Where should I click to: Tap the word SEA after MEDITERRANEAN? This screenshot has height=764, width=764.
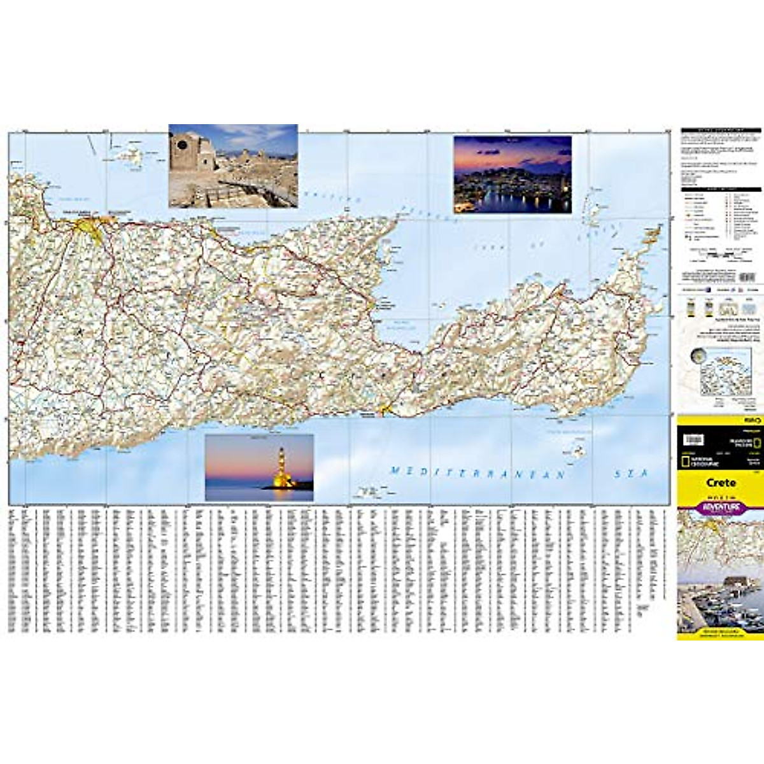pyautogui.click(x=630, y=474)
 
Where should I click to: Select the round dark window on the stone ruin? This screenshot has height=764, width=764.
pyautogui.click(x=182, y=145)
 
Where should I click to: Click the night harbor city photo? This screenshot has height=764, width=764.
pyautogui.click(x=512, y=174)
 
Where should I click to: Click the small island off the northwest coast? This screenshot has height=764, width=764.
pyautogui.click(x=127, y=155)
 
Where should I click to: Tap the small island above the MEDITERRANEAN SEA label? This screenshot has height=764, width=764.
pyautogui.click(x=576, y=453)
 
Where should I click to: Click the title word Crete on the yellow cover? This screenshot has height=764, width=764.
pyautogui.click(x=721, y=483)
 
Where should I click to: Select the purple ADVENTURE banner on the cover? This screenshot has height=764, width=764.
pyautogui.click(x=721, y=507)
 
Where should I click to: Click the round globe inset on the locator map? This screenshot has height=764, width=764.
pyautogui.click(x=699, y=358)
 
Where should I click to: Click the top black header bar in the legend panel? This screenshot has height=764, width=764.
pyautogui.click(x=721, y=131)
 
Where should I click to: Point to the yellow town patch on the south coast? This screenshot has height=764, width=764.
pyautogui.click(x=385, y=409)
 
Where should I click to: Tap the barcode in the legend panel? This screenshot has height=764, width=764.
pyautogui.click(x=746, y=277)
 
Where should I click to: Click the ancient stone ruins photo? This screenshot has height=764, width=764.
pyautogui.click(x=233, y=166)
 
